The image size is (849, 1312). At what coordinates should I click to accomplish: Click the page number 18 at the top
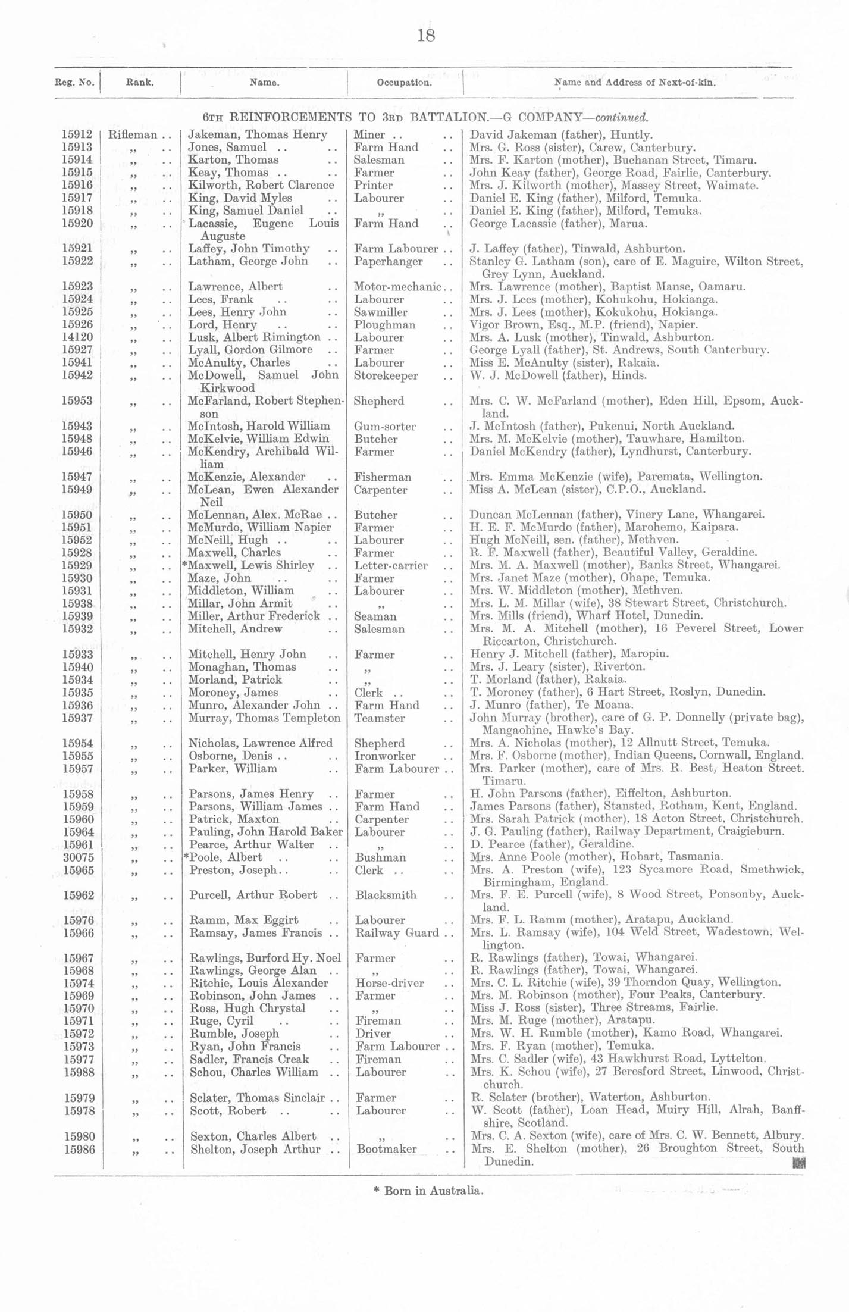(426, 36)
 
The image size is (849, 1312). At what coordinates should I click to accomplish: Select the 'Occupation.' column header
(404, 83)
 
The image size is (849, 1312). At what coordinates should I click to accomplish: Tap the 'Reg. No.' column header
(74, 83)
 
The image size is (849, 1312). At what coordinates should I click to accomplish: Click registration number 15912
(77, 135)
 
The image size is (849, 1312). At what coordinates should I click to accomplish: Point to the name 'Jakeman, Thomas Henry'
(258, 135)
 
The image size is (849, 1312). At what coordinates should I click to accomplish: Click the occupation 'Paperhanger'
(388, 261)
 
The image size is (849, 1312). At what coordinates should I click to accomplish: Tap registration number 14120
(77, 337)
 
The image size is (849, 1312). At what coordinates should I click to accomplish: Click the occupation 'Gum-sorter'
(384, 427)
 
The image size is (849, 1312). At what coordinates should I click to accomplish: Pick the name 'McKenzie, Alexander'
(246, 477)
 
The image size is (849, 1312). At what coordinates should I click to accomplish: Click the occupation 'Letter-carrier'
(391, 565)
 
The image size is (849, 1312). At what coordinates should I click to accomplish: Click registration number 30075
(78, 857)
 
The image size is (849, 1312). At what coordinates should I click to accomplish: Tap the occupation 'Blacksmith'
(386, 895)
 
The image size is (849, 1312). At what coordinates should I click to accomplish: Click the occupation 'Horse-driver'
(390, 983)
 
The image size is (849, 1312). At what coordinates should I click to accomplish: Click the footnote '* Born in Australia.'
(428, 1191)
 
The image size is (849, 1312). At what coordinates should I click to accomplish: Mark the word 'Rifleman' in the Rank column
(133, 135)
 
